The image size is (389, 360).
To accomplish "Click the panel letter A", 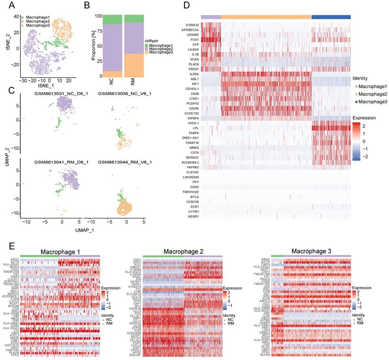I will coord(9,6).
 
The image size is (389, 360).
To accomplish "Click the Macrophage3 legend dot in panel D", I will coord(355,101).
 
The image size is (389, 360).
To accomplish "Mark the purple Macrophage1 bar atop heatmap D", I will coord(211,17).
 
